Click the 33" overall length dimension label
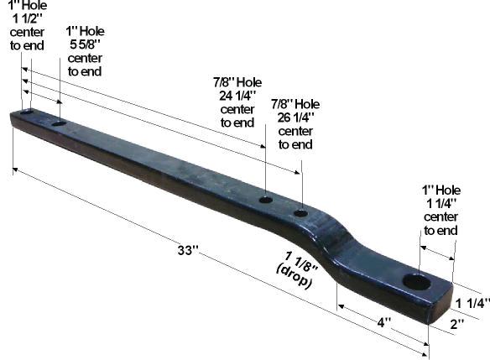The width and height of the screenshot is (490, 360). (188, 250)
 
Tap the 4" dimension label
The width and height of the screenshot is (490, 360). (384, 322)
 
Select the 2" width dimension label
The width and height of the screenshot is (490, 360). (457, 324)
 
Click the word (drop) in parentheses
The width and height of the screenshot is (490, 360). (294, 277)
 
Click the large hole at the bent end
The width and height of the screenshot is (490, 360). (417, 282)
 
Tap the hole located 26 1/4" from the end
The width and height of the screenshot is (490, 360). (301, 213)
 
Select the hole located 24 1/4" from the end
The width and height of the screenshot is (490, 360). (266, 200)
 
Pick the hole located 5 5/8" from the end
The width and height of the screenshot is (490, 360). (59, 123)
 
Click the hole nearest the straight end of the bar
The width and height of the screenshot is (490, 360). (27, 112)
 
